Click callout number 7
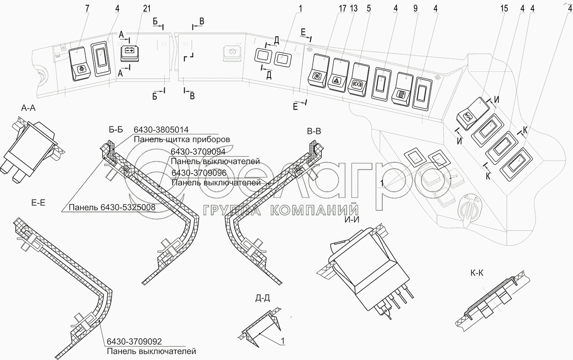(87, 8)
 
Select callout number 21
(147, 8)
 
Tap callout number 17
(342, 8)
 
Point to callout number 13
(354, 8)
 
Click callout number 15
(504, 8)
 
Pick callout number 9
(416, 8)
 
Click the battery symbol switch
(129, 53)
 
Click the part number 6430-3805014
(161, 130)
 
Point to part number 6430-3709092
(134, 342)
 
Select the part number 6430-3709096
(199, 173)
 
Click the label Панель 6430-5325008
(112, 207)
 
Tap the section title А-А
(28, 108)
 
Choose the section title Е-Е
(38, 203)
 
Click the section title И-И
(351, 220)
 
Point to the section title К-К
(477, 273)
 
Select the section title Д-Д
(262, 298)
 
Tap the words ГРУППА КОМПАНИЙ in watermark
(281, 210)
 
